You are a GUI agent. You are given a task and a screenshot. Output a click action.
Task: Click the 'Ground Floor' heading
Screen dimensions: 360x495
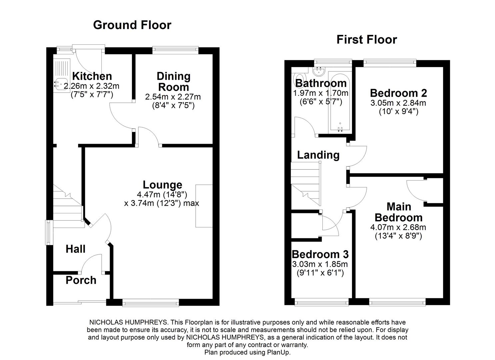tap(132, 25)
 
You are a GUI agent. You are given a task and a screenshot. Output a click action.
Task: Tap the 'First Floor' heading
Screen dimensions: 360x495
tap(366, 40)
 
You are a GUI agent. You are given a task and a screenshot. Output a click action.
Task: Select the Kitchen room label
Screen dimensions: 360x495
tap(92, 76)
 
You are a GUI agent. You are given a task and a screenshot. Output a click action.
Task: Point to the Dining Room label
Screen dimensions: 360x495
tap(173, 82)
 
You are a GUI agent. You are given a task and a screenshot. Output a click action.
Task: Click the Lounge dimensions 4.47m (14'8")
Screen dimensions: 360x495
tap(162, 194)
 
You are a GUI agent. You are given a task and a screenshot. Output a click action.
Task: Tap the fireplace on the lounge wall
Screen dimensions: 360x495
tap(204, 206)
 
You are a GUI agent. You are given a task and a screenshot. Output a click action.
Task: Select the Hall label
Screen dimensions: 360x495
tap(75, 249)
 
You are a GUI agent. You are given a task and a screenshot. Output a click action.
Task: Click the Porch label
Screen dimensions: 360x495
tap(81, 280)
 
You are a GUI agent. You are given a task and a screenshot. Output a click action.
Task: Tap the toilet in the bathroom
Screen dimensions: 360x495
tap(297, 79)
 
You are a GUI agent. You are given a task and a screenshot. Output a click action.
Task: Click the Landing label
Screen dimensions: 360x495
tap(318, 155)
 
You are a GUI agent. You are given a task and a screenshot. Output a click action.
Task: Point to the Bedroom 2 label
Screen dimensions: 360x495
tap(398, 93)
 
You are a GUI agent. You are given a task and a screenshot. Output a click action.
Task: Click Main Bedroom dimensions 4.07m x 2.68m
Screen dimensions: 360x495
tap(398, 228)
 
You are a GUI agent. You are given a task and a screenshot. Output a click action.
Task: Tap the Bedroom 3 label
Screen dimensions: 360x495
tap(320, 254)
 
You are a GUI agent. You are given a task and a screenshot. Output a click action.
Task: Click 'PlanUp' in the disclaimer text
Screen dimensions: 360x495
tap(279, 352)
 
